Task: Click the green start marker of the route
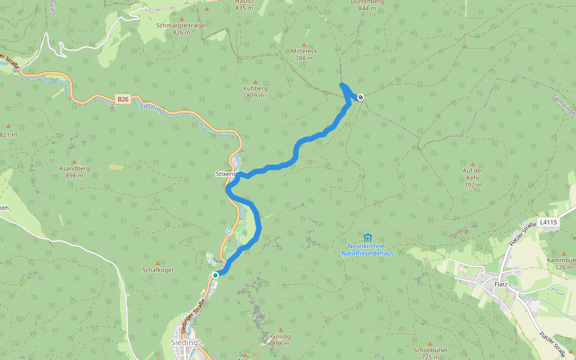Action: [x=215, y=275]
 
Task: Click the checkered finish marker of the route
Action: [x=361, y=97]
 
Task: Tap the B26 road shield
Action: [x=123, y=98]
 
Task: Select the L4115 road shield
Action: [x=548, y=223]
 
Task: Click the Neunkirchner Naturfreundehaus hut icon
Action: [x=367, y=238]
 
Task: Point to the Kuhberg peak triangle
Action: [x=256, y=82]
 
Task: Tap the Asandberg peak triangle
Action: [x=74, y=162]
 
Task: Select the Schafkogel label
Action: [x=158, y=270]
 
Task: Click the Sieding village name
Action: [x=184, y=343]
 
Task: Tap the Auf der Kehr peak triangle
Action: [x=473, y=164]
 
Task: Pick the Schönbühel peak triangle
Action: [x=430, y=343]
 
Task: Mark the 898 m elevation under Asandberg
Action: [x=74, y=176]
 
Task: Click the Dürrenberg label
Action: [x=367, y=2]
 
